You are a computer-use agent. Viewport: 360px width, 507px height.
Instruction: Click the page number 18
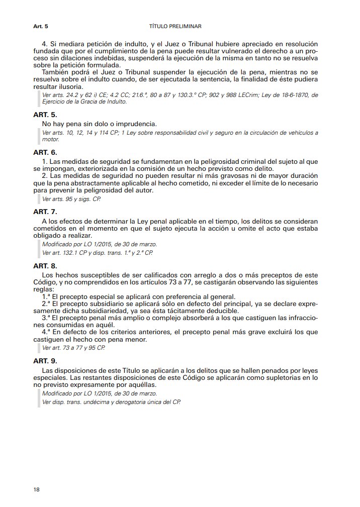(37, 489)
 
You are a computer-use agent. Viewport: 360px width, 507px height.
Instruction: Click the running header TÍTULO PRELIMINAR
(175, 26)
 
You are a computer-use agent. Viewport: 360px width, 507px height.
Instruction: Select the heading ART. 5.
(45, 115)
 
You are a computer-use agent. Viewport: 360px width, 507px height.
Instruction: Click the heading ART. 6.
(45, 152)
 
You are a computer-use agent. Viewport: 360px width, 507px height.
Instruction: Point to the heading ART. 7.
(45, 212)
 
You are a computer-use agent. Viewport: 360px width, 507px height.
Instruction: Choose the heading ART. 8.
(45, 265)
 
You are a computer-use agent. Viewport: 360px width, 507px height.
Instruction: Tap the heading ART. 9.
(45, 360)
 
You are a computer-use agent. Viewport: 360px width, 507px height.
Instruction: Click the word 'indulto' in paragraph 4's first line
(115, 44)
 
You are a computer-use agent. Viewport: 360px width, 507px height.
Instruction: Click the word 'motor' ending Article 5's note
(51, 139)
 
